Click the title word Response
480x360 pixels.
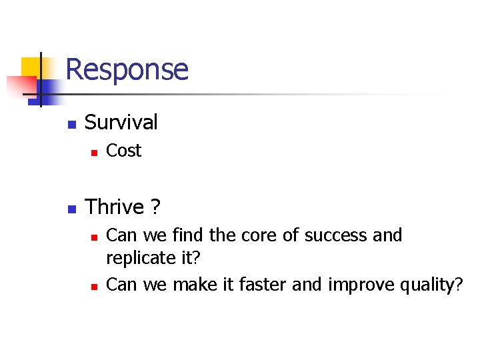point(127,69)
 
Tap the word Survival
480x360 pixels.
point(121,122)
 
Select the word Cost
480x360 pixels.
point(124,151)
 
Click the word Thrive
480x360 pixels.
point(115,207)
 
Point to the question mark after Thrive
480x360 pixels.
point(155,207)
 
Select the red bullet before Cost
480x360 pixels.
point(94,153)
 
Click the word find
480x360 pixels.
point(188,235)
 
